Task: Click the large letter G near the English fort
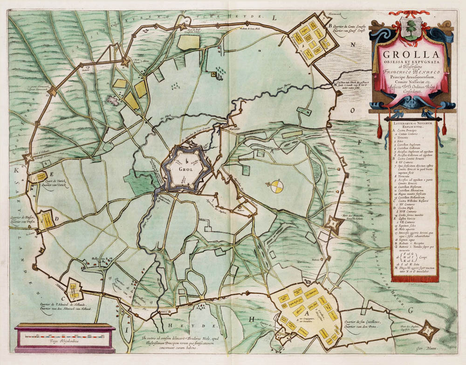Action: coord(411,310)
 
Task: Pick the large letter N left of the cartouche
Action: coord(353,45)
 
